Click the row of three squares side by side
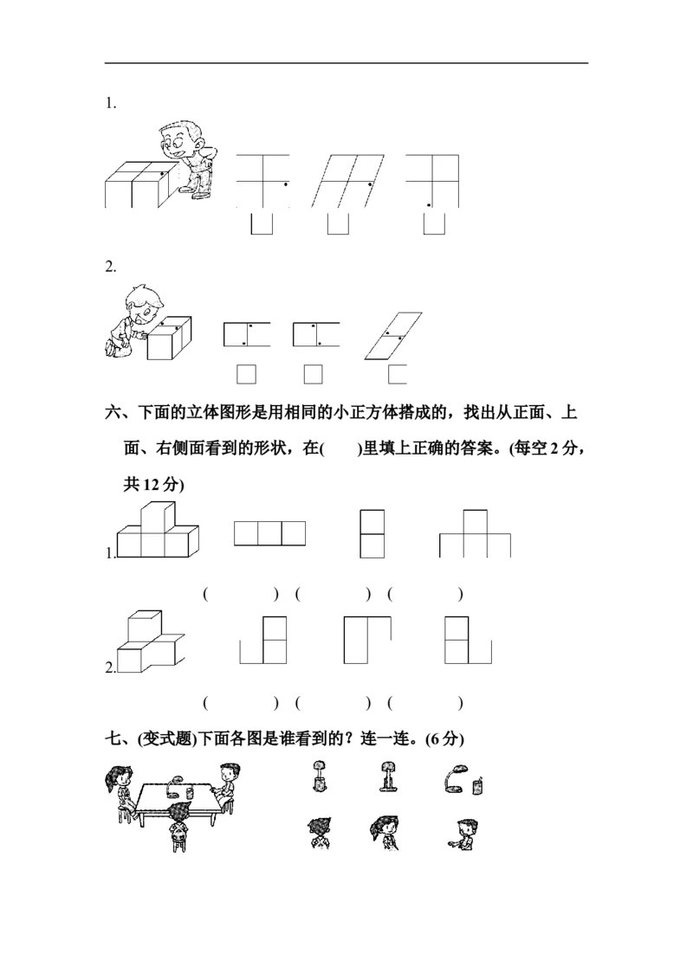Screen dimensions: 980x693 click(270, 532)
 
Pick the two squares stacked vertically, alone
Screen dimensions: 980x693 click(372, 535)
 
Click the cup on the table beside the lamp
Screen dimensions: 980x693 click(190, 790)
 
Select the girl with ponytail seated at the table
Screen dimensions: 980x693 click(120, 788)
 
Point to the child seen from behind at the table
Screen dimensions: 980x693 click(179, 822)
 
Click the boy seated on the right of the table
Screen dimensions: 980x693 click(227, 782)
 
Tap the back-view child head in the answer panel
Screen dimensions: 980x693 click(318, 830)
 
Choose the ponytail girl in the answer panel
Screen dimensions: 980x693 click(383, 831)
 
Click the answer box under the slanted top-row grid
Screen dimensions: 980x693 click(338, 224)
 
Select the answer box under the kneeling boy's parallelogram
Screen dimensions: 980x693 click(398, 375)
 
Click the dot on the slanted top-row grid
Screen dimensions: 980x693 click(371, 184)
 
